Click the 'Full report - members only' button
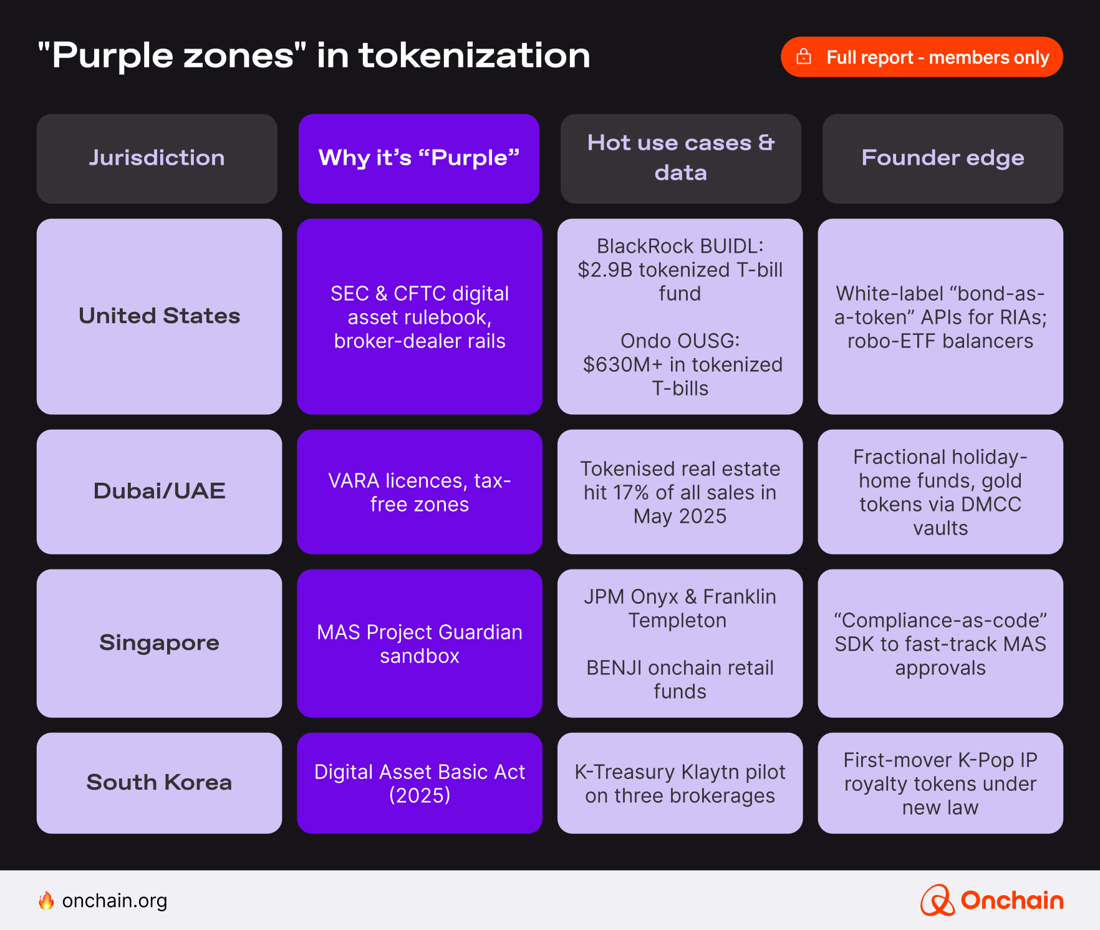921,57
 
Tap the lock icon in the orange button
804,57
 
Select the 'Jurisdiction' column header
157,158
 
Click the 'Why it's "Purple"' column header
418,158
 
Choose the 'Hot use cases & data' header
680,158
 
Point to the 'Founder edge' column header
942,158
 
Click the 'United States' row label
159,316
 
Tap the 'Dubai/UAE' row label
159,492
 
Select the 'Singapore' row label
159,643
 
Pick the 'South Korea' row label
159,783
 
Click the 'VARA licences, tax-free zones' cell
419,492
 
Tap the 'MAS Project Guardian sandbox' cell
419,644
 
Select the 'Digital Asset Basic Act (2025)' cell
419,783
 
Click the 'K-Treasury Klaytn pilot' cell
680,783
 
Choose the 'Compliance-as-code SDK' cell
940,644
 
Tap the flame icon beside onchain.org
46,901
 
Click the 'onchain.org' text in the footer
115,901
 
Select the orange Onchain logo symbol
937,901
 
